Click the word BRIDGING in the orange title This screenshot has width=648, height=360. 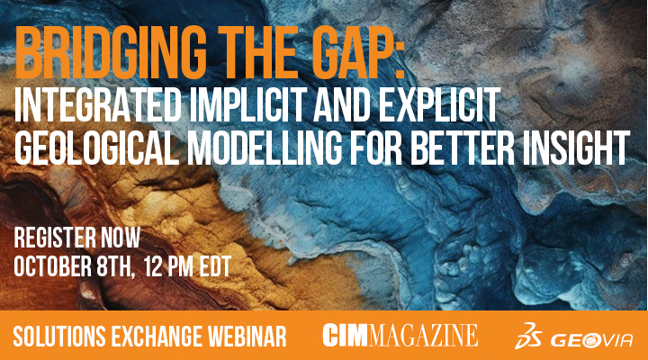point(112,52)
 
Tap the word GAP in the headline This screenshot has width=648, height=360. point(359,52)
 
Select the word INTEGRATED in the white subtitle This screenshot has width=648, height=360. point(98,105)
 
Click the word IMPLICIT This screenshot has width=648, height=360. point(248,105)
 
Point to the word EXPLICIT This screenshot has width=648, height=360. point(439,105)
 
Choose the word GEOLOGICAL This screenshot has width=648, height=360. point(97,148)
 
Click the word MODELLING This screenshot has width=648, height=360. point(265,148)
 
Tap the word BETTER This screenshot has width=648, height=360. point(463,148)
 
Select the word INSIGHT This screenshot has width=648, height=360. point(577,148)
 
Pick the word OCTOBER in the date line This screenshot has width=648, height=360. point(53,266)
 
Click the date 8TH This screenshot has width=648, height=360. point(115,266)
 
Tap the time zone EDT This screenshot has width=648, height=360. point(215,266)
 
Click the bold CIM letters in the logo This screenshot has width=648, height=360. point(345,335)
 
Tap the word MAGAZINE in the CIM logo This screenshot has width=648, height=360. point(423,335)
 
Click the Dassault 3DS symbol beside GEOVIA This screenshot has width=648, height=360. point(528,336)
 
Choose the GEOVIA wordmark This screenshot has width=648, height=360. point(591,340)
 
